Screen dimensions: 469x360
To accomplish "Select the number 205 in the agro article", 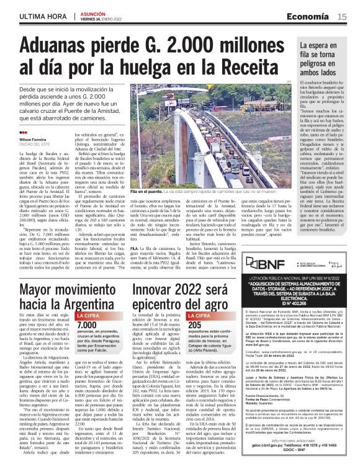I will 194,324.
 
